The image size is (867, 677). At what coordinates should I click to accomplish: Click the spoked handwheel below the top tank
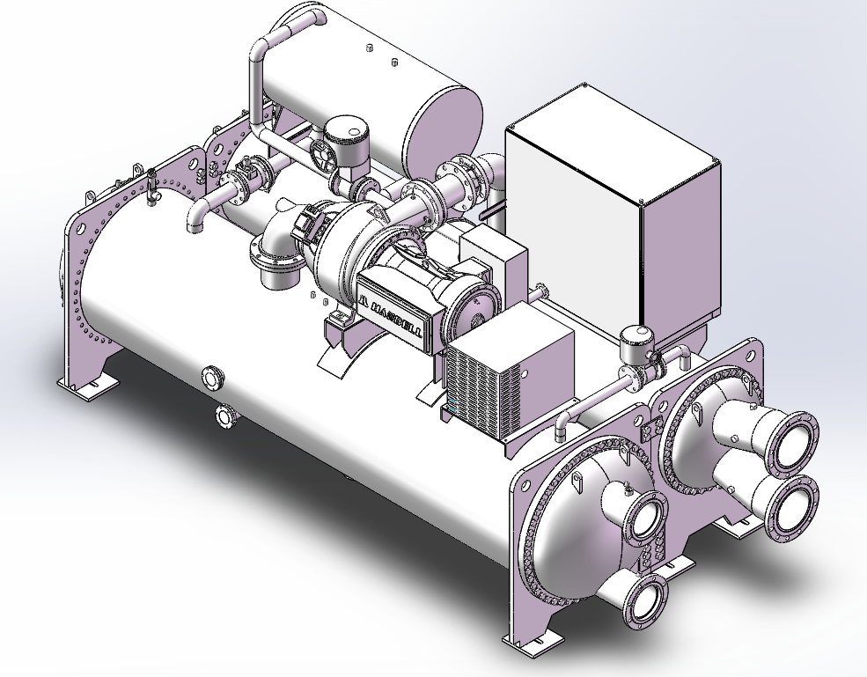click(x=322, y=156)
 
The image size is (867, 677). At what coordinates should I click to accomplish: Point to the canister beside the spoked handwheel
click(x=346, y=140)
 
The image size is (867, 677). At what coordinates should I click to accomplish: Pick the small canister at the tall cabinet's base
click(x=636, y=343)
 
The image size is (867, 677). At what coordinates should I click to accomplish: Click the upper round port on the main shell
click(x=212, y=378)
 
